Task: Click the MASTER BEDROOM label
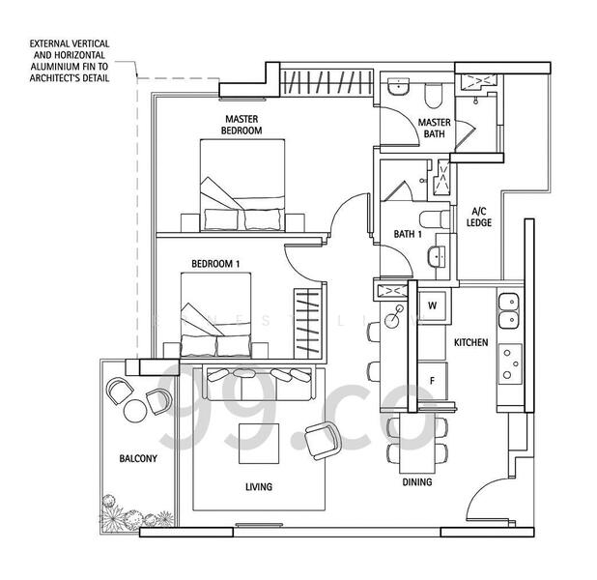pyautogui.click(x=241, y=125)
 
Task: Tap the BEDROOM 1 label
pyautogui.click(x=214, y=263)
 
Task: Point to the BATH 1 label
pyautogui.click(x=407, y=234)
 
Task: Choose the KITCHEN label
pyautogui.click(x=470, y=343)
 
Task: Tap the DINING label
pyautogui.click(x=417, y=481)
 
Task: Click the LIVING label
pyautogui.click(x=258, y=487)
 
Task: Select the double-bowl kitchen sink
pyautogui.click(x=508, y=309)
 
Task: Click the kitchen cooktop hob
pyautogui.click(x=508, y=362)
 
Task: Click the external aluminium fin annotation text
pyautogui.click(x=69, y=61)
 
